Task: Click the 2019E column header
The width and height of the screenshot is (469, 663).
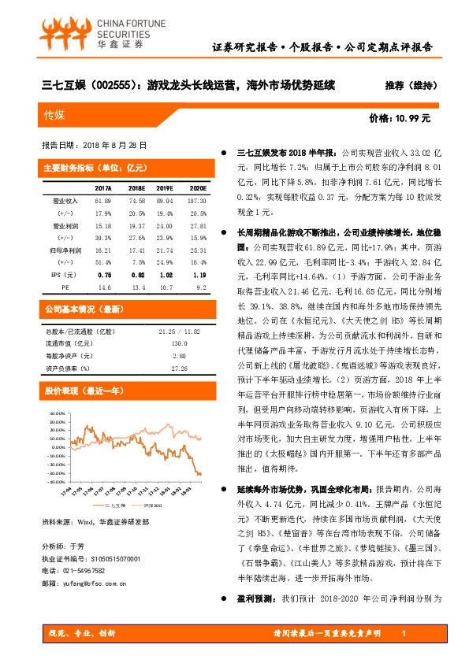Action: pos(165,189)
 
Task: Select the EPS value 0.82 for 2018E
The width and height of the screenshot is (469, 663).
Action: pos(136,276)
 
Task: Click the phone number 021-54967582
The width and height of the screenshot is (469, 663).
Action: pos(83,592)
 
